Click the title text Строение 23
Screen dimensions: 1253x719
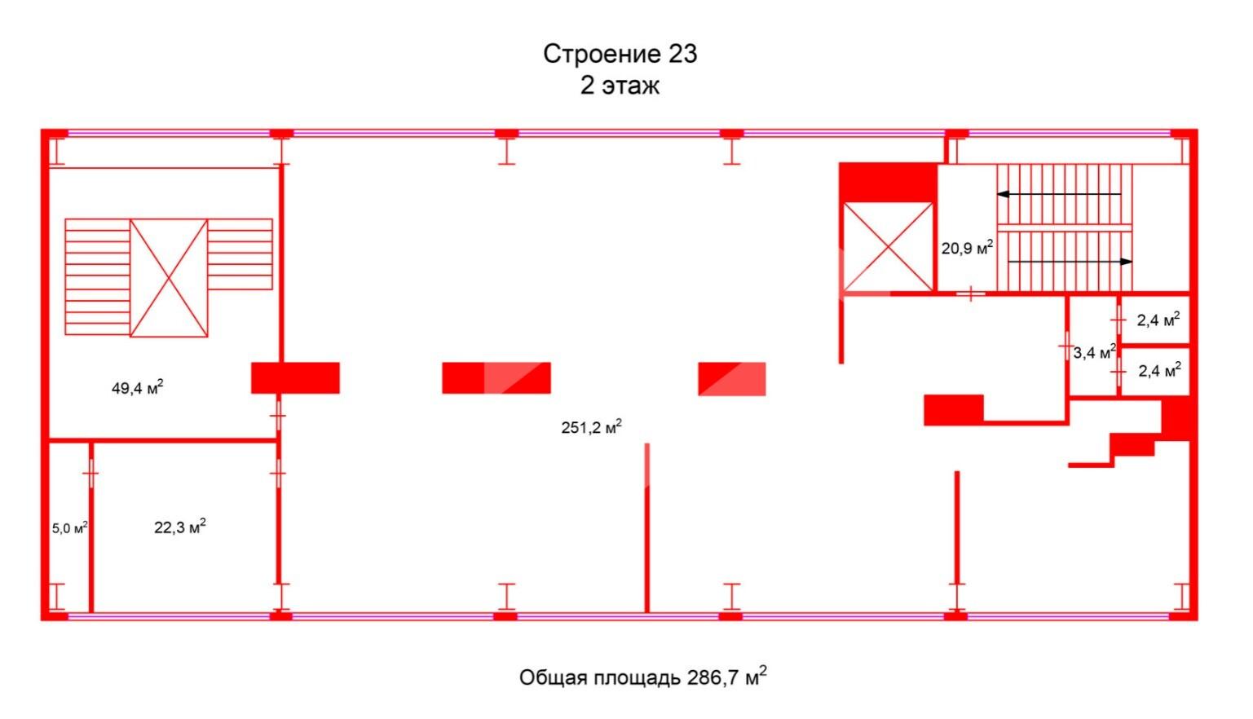pos(620,55)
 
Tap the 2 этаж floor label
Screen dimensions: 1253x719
pos(620,86)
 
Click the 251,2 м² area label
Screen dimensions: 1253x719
pos(591,427)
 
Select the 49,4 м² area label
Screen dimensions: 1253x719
pos(138,387)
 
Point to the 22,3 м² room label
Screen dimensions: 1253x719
pos(180,527)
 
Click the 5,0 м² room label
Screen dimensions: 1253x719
pos(70,527)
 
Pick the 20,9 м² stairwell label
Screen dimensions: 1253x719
pos(967,247)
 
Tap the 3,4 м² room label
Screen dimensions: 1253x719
pos(1094,352)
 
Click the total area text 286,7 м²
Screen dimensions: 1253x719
pos(726,677)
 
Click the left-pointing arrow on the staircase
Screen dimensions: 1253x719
pos(1059,194)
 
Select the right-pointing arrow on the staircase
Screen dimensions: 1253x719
pos(1070,262)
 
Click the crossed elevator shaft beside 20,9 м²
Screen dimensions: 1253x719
pos(888,247)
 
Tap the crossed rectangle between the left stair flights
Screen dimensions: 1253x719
pos(169,277)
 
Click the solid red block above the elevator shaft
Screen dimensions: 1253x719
pos(889,183)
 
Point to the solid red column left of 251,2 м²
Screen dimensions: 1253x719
pos(295,377)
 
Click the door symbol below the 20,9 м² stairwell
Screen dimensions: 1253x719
pos(970,293)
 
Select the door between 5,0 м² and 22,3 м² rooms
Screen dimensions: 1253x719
pos(90,474)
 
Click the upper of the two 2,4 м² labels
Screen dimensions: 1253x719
pos(1158,320)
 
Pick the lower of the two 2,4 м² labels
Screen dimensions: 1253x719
pos(1160,370)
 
